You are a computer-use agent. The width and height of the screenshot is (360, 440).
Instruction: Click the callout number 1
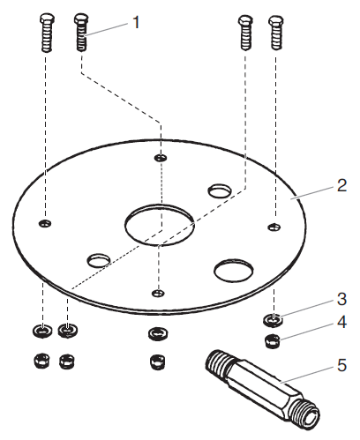136,21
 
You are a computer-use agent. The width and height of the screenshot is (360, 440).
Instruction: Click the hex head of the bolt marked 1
81,20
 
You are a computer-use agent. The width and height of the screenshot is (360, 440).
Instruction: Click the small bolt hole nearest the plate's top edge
160,158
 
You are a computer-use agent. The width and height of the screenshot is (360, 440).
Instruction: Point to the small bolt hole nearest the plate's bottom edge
156,292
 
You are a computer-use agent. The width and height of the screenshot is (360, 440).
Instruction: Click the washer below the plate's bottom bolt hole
157,332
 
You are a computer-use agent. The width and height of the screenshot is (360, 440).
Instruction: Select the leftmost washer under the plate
40,332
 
